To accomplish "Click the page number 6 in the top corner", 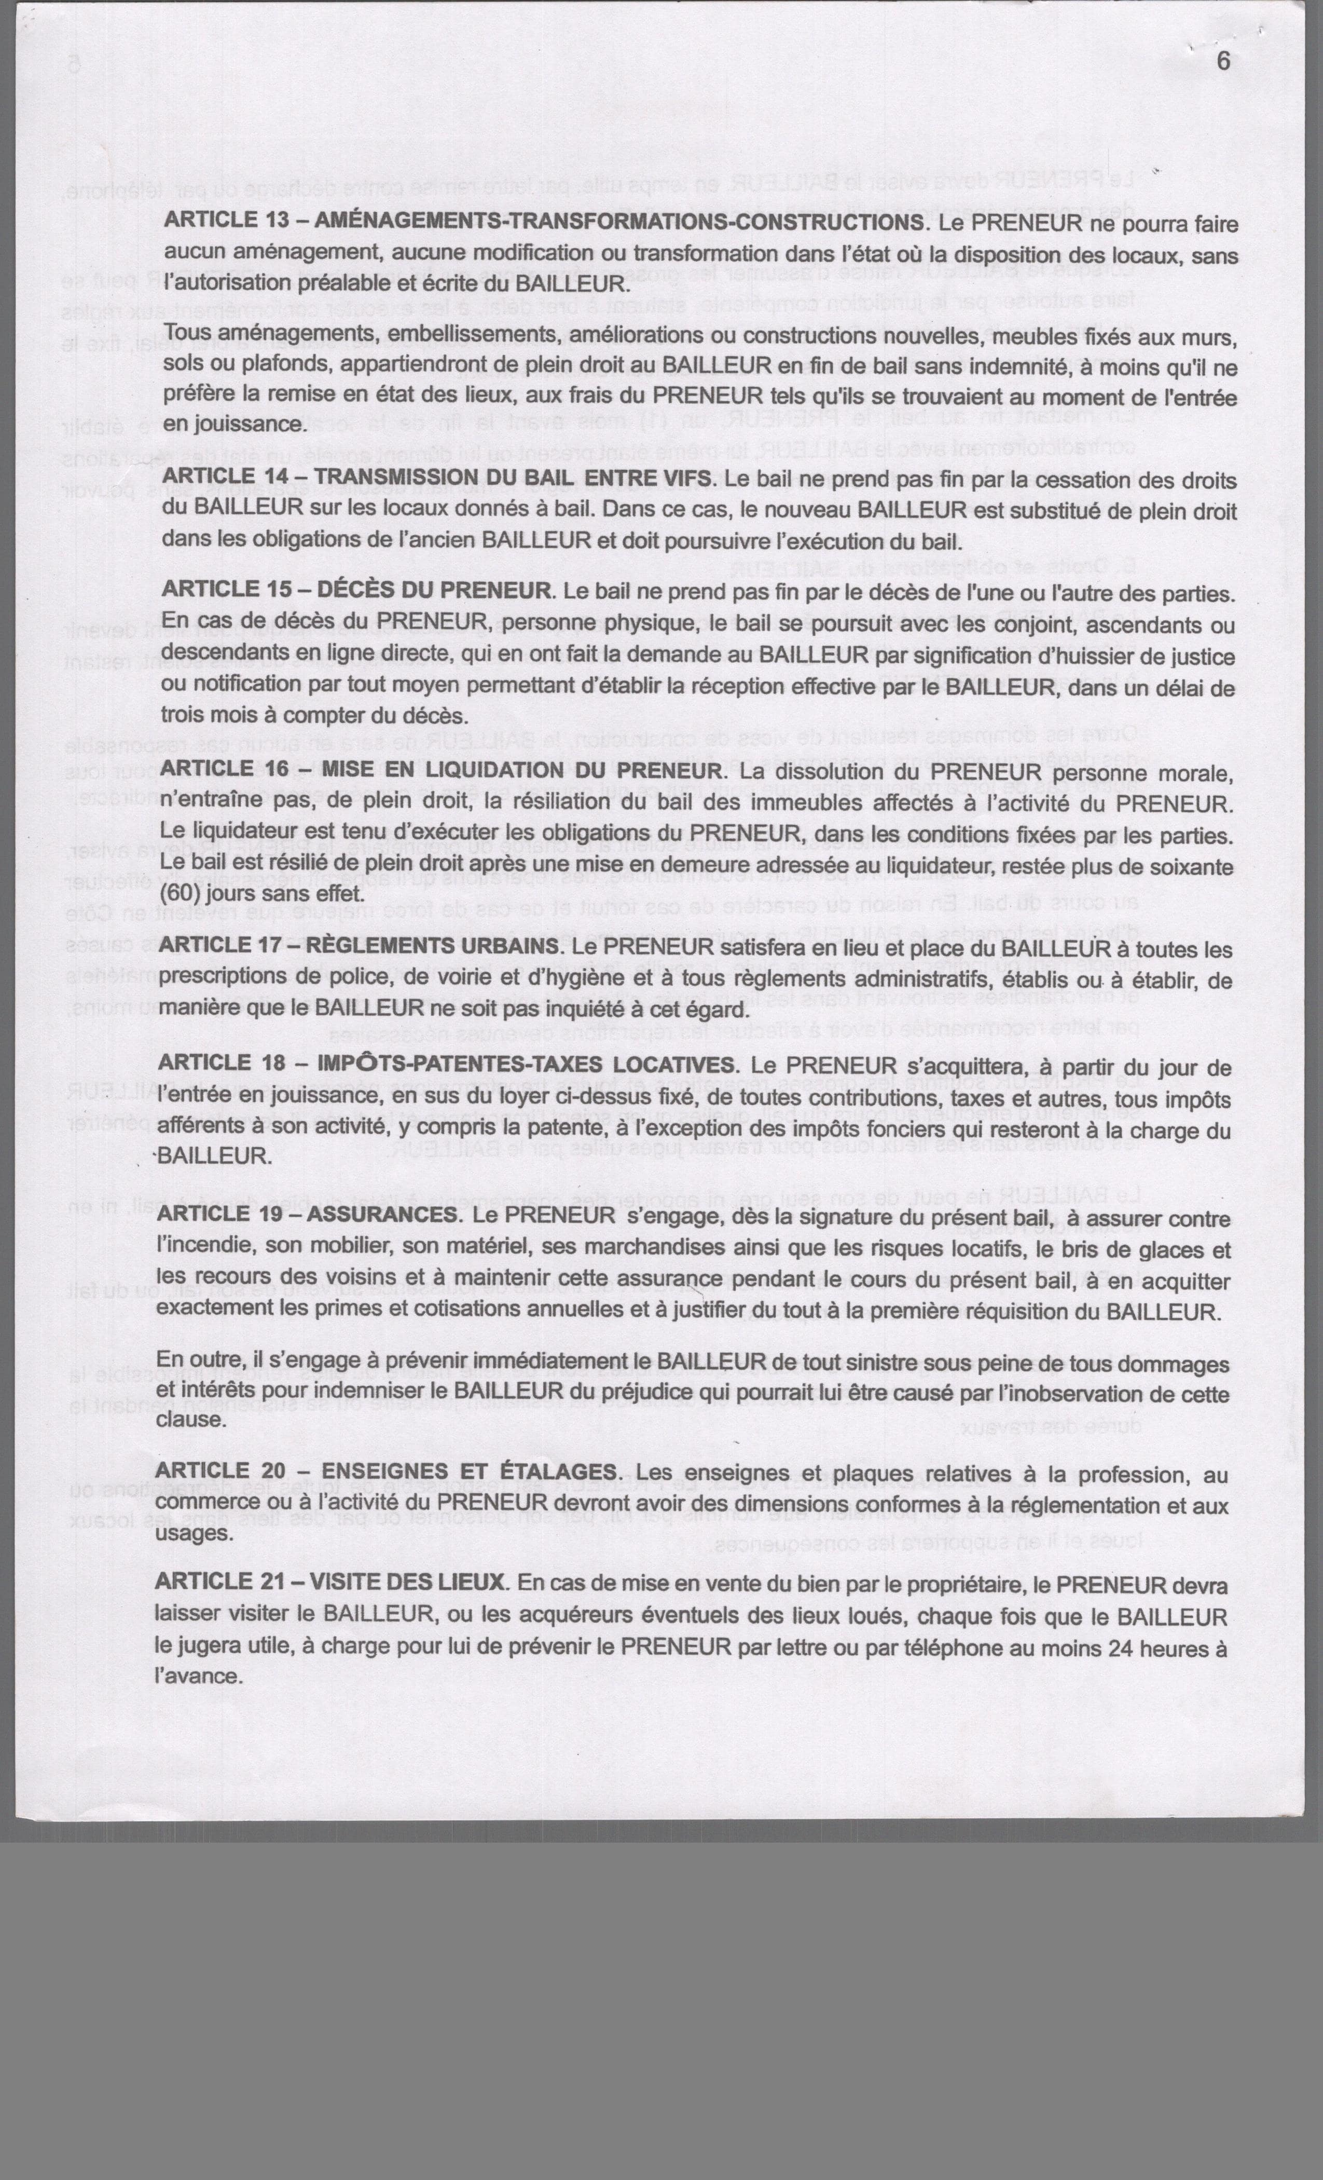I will click(1223, 61).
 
